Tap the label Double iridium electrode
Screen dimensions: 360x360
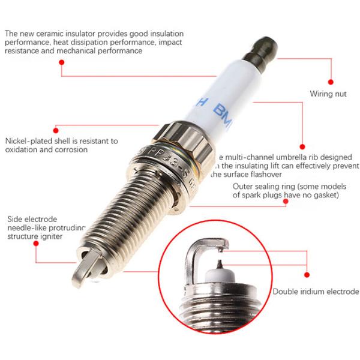coord(316,292)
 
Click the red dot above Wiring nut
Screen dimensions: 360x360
coord(329,81)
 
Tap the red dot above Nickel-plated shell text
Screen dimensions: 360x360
coord(55,128)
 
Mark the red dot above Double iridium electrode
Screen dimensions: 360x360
coord(307,275)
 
